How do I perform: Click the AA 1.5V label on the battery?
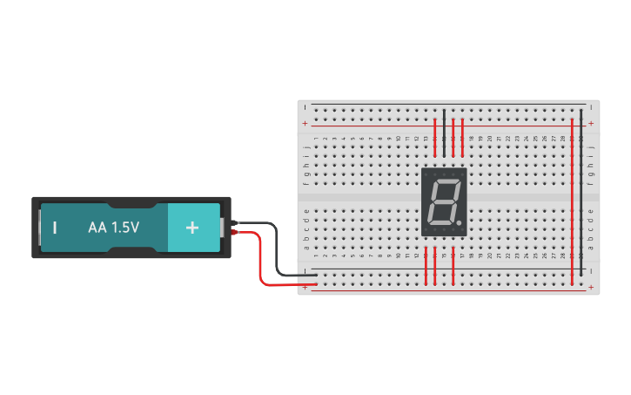click(x=113, y=227)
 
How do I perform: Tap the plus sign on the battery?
click(x=192, y=227)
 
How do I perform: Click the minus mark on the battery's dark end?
click(x=55, y=228)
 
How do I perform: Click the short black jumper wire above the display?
click(x=444, y=126)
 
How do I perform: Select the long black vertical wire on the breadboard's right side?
click(x=581, y=192)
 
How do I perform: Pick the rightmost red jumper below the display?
click(x=453, y=266)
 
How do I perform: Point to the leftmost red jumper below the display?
click(x=426, y=266)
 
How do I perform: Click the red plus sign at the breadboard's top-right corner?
click(x=591, y=124)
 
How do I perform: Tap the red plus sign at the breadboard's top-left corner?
click(x=305, y=124)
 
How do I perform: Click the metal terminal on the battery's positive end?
click(x=223, y=227)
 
